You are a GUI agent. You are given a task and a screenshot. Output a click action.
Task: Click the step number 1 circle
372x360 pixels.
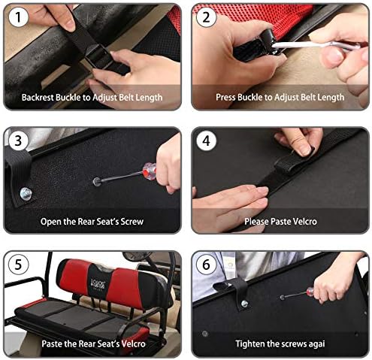coord(18,17)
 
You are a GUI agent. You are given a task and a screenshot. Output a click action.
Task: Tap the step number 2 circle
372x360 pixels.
coord(206,17)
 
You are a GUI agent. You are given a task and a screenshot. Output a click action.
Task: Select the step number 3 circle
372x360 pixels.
coord(18,141)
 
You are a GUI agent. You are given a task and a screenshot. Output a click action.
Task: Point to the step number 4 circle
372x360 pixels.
coord(206,141)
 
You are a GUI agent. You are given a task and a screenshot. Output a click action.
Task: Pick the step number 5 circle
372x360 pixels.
coord(18,265)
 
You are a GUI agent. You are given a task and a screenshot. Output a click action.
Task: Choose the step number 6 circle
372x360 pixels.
coord(206,265)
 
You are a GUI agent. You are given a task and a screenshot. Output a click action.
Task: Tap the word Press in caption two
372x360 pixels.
coord(225,97)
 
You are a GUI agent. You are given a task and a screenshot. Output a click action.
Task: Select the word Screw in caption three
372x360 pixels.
coord(132,222)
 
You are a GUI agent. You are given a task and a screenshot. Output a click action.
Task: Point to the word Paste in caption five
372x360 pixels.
coord(52,343)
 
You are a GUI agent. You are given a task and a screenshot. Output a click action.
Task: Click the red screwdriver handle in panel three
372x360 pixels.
coord(150,171)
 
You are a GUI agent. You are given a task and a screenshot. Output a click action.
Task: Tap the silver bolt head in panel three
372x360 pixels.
coord(26,194)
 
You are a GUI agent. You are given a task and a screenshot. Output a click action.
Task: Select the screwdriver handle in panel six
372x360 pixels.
coord(310,292)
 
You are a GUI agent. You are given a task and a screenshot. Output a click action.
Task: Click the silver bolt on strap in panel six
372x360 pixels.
coord(244,304)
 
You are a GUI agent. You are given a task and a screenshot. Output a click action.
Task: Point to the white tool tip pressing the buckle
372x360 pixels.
coord(276,45)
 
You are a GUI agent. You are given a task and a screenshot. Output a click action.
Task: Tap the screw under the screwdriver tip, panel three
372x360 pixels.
coord(96,181)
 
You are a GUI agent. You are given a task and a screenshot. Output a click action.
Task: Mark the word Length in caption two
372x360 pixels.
coord(331,97)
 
